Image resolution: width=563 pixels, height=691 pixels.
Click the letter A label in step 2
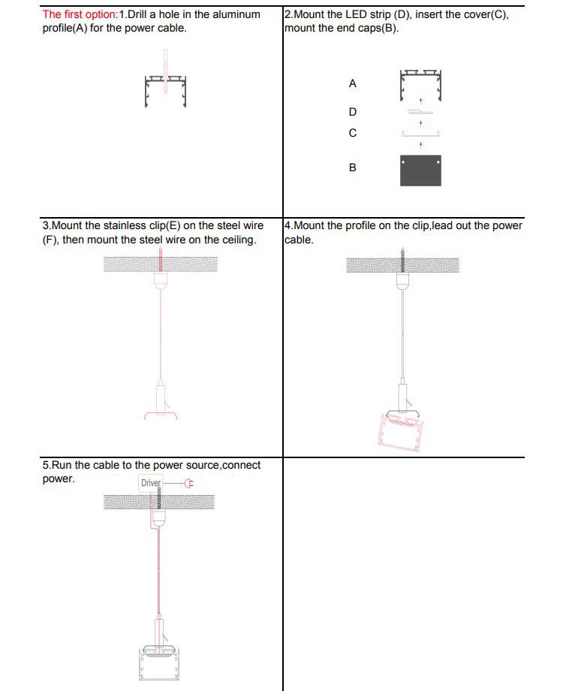click(x=353, y=84)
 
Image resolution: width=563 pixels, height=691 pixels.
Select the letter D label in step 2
click(x=353, y=112)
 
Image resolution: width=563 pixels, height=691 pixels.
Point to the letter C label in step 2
click(x=353, y=133)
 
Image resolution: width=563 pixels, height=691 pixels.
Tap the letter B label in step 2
click(x=353, y=167)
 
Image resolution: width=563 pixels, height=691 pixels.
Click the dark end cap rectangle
click(x=420, y=170)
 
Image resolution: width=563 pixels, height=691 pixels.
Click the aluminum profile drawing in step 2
click(x=420, y=82)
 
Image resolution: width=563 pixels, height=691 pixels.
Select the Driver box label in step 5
click(x=151, y=483)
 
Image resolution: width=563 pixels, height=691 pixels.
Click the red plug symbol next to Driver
click(x=188, y=483)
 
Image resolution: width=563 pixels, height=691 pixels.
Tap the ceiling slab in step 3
click(x=161, y=264)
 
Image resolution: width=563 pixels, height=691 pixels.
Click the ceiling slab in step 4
click(x=402, y=264)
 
